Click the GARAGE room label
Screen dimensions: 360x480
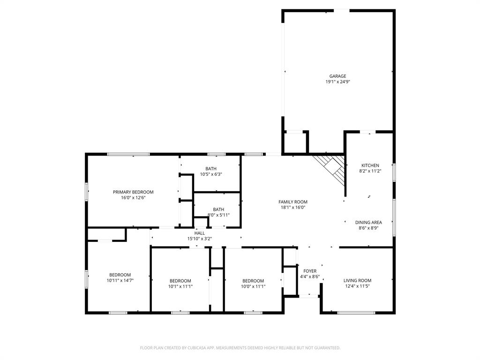[337, 76]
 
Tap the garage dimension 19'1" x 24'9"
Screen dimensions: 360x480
[337, 82]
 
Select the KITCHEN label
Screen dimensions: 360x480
[370, 165]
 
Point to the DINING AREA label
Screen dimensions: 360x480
[368, 223]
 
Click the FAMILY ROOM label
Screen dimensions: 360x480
[293, 202]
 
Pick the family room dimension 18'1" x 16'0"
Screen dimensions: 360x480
[293, 208]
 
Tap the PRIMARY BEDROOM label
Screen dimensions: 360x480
[133, 192]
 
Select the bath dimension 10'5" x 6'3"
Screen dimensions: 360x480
[210, 174]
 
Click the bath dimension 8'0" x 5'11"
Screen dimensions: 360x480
[218, 215]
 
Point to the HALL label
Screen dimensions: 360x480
[200, 233]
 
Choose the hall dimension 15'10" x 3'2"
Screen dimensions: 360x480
[200, 239]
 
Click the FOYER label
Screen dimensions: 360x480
[310, 271]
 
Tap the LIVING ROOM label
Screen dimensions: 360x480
[357, 280]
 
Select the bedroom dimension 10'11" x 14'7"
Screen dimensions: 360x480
[120, 280]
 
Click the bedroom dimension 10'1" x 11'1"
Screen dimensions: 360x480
[180, 286]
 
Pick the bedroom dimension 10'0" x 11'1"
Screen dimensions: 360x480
[253, 286]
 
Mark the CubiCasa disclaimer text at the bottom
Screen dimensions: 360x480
[240, 348]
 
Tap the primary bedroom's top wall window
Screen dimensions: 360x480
[128, 154]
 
